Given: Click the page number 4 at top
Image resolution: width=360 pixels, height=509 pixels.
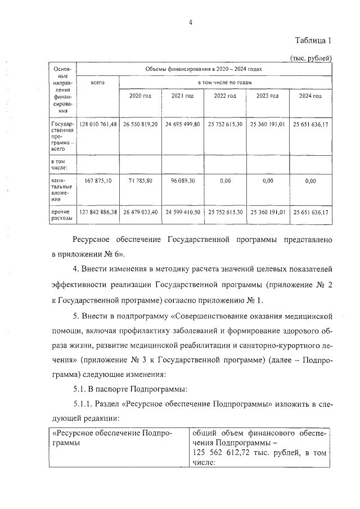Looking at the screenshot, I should [x=191, y=22].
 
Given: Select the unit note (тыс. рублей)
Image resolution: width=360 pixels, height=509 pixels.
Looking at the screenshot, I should [x=310, y=57].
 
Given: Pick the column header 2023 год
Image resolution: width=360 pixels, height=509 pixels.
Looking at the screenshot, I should [x=267, y=96].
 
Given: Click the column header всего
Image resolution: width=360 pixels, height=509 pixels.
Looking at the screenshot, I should [x=98, y=82].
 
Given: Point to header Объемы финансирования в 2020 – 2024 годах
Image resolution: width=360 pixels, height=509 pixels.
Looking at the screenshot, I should [x=204, y=69].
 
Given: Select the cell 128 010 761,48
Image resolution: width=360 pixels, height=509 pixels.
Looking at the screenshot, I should [x=98, y=124].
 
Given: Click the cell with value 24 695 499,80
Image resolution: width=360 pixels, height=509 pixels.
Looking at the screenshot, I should [x=182, y=124].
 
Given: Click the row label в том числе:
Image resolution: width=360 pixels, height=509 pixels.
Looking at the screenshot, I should [x=60, y=164].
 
